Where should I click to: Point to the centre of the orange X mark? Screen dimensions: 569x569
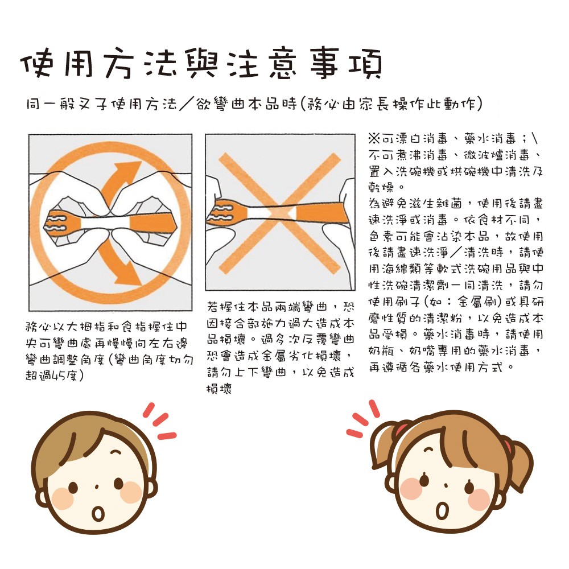click(x=280, y=213)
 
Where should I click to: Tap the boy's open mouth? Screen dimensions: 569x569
click(x=98, y=513)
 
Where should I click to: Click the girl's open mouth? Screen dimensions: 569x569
click(x=442, y=509)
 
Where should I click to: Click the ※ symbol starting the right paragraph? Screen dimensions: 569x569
click(x=374, y=138)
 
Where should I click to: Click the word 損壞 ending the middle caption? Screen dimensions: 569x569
click(x=219, y=389)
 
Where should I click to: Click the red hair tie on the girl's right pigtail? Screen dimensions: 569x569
click(x=508, y=446)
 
